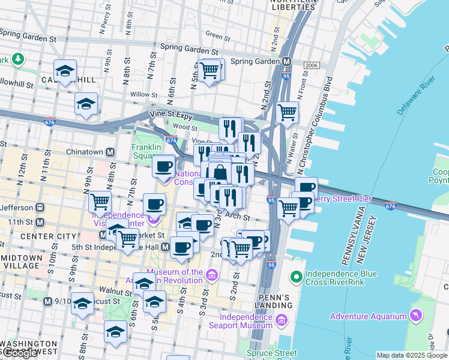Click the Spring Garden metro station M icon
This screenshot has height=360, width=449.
287,61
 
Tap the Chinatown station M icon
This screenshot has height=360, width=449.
110,152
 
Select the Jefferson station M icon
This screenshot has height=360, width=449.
40,207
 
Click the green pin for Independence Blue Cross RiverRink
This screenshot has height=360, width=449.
296,277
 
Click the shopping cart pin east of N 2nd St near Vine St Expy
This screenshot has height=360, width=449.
288,112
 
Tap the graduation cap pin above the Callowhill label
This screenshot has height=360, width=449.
65,70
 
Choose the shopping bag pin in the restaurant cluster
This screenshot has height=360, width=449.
220,173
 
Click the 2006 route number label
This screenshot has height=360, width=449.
312,65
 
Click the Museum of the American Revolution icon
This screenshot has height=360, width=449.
211,275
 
